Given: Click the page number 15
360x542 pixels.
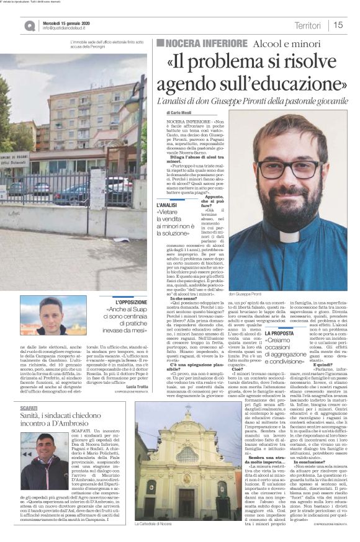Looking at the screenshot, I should pos(338,25).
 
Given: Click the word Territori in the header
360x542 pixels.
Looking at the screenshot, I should pos(308,25).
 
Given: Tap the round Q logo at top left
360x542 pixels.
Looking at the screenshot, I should pos(30,25).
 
